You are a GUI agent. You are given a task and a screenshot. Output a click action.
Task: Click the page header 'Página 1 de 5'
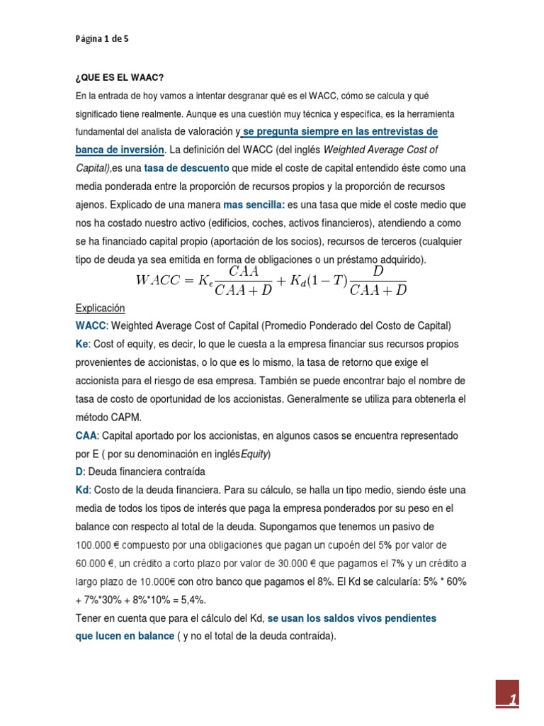click(102, 40)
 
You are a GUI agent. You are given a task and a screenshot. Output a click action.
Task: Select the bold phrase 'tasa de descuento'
click(186, 168)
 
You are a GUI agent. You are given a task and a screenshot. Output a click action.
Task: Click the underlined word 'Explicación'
click(100, 308)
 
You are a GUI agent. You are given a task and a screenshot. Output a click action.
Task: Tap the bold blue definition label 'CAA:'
click(87, 435)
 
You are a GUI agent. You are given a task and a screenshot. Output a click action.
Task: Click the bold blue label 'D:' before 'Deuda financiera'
click(80, 471)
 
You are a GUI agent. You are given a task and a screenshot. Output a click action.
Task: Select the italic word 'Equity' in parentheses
click(255, 453)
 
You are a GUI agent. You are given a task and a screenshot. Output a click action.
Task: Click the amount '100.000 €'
click(101, 545)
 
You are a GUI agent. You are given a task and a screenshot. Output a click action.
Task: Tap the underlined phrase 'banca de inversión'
click(120, 150)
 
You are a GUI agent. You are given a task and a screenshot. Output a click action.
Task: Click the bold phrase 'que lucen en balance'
click(125, 636)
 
